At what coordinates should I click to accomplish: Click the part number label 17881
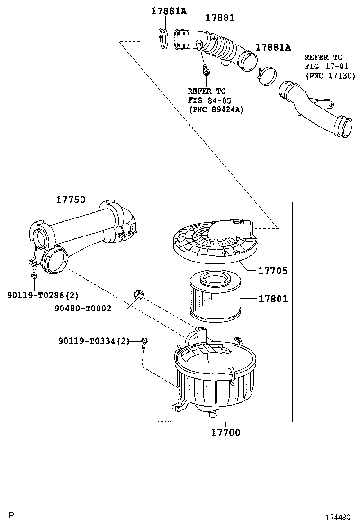pos(220,18)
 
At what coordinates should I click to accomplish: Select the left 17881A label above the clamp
pos(169,11)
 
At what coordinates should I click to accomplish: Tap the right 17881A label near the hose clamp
pos(273,47)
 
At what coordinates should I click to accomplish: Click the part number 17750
pos(71,200)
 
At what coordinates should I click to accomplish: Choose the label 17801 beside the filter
pos(272,299)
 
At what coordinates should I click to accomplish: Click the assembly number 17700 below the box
pos(225,432)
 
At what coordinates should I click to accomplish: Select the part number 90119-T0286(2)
pos(43,295)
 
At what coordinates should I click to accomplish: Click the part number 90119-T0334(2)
pos(94,341)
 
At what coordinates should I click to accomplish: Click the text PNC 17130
pos(330,75)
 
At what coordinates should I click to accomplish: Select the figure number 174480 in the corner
pos(337,517)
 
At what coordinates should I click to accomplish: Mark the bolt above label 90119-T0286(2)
pos(34,274)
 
